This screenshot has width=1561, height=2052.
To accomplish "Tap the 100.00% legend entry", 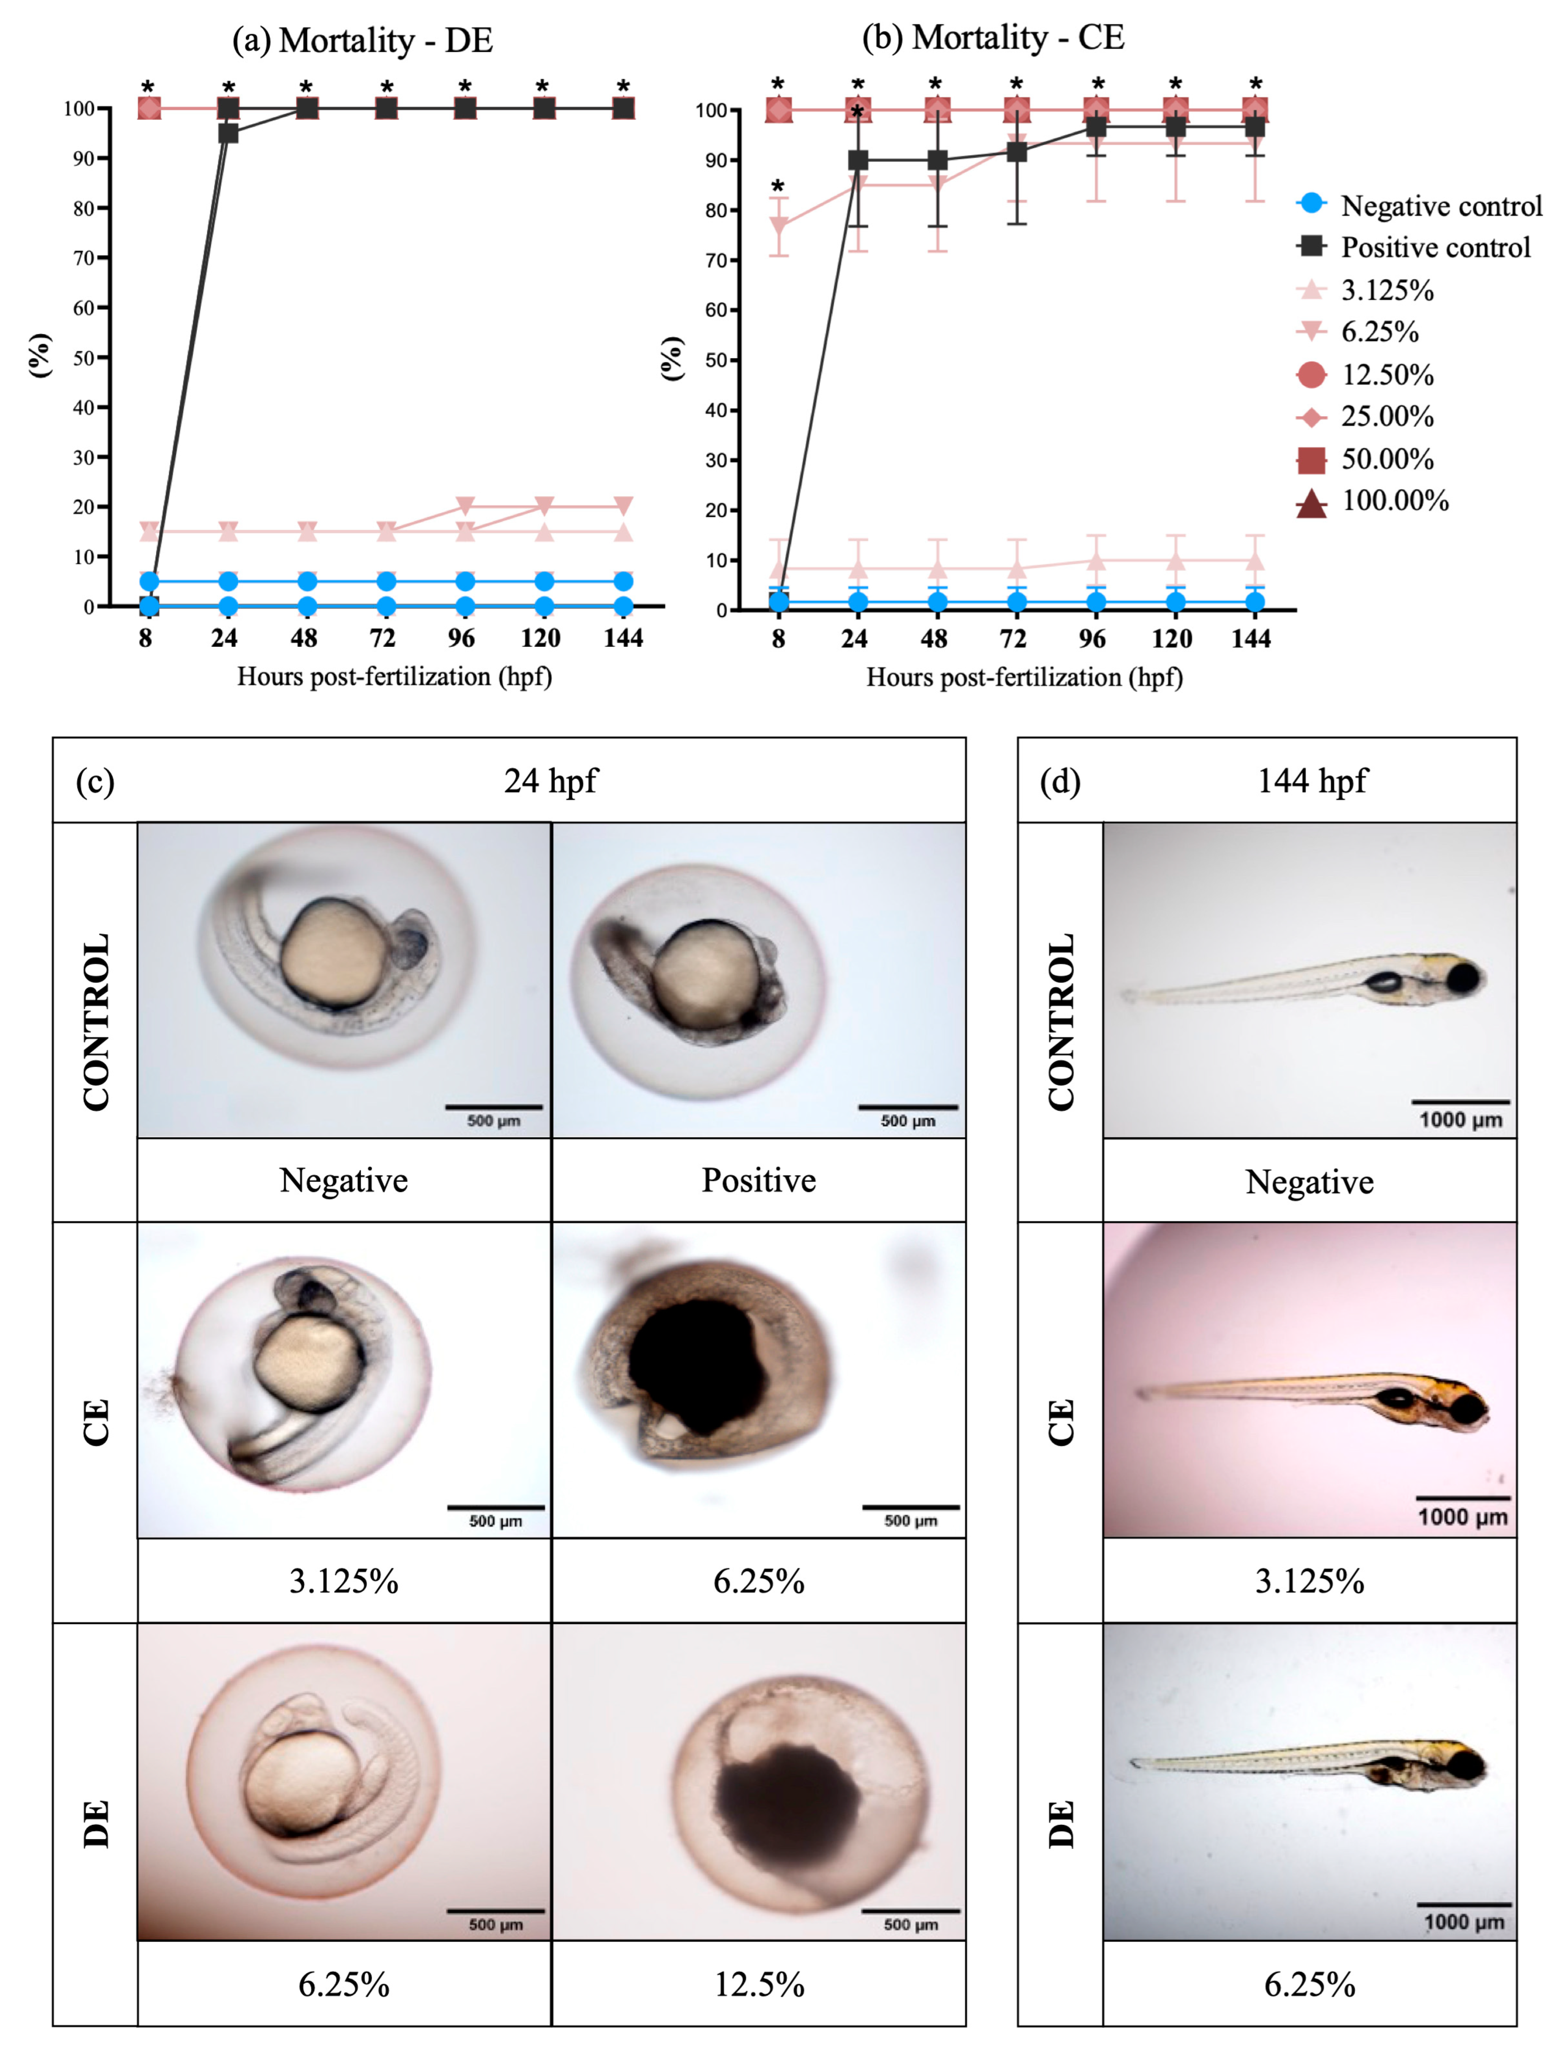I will tap(1394, 502).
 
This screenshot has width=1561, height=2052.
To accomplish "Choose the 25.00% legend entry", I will tap(1386, 416).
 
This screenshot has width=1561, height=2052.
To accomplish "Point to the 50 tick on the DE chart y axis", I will tap(84, 358).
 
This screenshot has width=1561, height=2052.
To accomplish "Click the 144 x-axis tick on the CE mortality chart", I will tap(1251, 639).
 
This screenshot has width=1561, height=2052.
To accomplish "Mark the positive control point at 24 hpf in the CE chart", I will tap(858, 160).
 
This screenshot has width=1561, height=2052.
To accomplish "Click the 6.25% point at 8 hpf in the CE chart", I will tap(779, 226).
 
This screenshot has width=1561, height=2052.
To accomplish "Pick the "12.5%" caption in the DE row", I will tap(758, 1985).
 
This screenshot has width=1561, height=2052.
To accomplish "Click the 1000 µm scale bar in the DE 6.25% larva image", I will tap(1463, 1904).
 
